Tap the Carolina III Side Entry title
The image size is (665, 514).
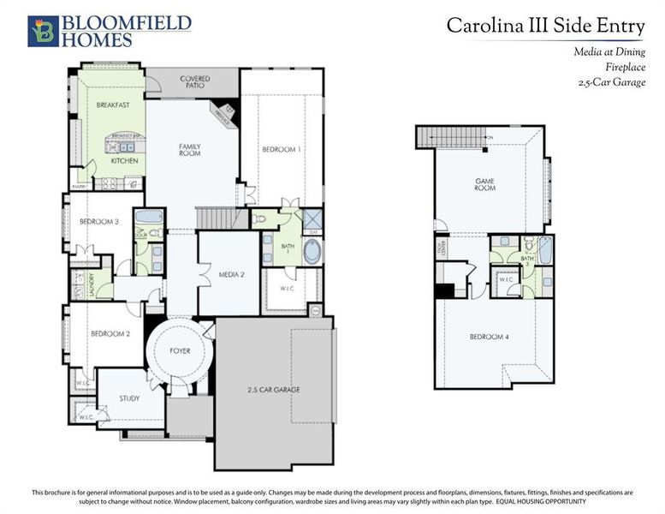[x=543, y=26]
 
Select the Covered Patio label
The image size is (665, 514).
[x=194, y=83]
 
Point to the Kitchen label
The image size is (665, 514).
[x=124, y=160]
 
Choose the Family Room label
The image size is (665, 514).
[x=189, y=151]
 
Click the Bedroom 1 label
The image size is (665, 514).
[x=282, y=149]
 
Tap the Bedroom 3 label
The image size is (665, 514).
[x=98, y=222]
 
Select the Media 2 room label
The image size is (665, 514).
[x=231, y=275]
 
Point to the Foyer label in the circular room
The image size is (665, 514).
[x=180, y=351]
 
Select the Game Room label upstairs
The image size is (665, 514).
[x=485, y=184]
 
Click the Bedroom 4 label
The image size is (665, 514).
[x=490, y=337]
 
